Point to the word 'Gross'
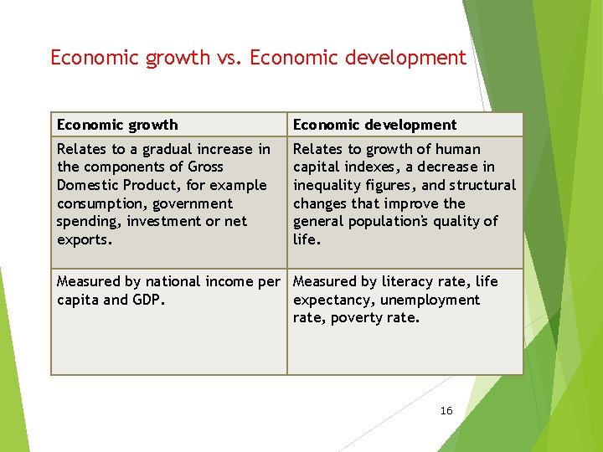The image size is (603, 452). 205,167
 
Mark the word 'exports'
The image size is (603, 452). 82,239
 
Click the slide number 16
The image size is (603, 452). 446,410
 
